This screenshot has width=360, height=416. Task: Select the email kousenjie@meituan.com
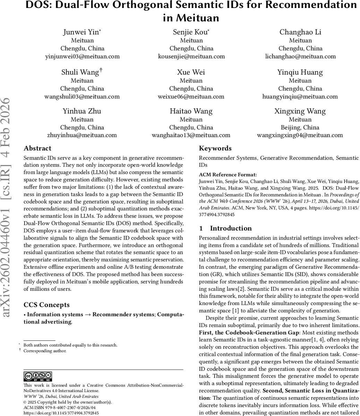click(x=191, y=56)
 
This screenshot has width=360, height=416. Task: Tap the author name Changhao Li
click(x=300, y=32)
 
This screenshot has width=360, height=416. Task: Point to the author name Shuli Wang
click(x=80, y=72)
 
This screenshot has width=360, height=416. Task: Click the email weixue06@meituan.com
click(x=191, y=96)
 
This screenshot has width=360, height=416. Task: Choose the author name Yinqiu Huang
click(x=300, y=72)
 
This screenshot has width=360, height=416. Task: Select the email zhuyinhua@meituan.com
click(x=82, y=135)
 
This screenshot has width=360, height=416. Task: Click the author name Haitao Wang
click(x=191, y=111)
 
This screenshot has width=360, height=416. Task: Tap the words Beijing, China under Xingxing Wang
click(x=300, y=127)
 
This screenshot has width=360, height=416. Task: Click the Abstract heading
click(x=37, y=148)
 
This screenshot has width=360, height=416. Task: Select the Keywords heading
click(x=215, y=148)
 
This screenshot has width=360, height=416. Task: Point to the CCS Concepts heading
click(x=46, y=305)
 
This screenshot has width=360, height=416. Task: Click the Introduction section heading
click(x=231, y=228)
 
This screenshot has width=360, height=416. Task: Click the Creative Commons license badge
click(x=38, y=376)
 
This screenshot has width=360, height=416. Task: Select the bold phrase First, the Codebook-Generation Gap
click(x=248, y=333)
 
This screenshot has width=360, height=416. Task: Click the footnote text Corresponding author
click(x=45, y=351)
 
